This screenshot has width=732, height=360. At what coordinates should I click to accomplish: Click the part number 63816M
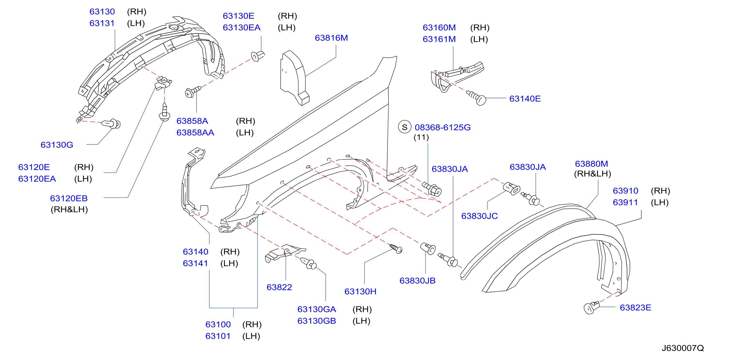point(331,38)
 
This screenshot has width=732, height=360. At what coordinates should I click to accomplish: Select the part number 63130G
point(57,145)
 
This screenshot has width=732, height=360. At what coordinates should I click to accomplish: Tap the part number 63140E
point(525,98)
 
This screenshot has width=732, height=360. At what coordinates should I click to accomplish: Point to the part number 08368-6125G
point(442,127)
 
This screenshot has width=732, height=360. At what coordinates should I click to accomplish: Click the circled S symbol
point(405,127)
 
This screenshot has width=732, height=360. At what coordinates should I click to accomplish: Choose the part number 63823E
point(635,307)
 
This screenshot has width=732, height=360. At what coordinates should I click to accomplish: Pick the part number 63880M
point(591,164)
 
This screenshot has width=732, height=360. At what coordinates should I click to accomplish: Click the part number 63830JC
point(479,216)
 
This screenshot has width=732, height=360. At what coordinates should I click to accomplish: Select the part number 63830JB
point(417,280)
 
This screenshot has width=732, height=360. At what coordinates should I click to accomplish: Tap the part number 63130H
point(360,291)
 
